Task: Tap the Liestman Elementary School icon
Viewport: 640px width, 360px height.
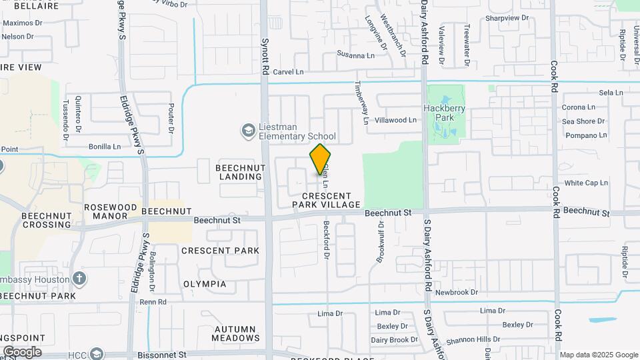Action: pyautogui.click(x=249, y=130)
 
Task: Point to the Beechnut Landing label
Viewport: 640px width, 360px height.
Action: pyautogui.click(x=239, y=172)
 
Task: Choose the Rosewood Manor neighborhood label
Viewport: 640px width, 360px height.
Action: pyautogui.click(x=111, y=211)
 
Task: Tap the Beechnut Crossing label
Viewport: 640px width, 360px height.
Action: pyautogui.click(x=46, y=220)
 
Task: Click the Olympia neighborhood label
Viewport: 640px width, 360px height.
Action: pyautogui.click(x=205, y=284)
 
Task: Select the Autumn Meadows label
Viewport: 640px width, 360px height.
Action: pyautogui.click(x=235, y=333)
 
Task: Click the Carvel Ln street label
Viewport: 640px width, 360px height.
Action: pyautogui.click(x=288, y=71)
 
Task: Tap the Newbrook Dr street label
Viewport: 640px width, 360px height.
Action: pyautogui.click(x=457, y=292)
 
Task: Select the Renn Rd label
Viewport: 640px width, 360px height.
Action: pyautogui.click(x=153, y=302)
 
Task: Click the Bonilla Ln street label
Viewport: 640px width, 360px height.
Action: pyautogui.click(x=105, y=146)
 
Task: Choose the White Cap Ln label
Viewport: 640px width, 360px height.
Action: pyautogui.click(x=586, y=183)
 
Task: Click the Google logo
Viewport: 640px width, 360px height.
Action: pyautogui.click(x=22, y=352)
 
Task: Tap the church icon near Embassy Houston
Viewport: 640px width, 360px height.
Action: pyautogui.click(x=79, y=278)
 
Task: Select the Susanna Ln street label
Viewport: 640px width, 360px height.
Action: pyautogui.click(x=355, y=55)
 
